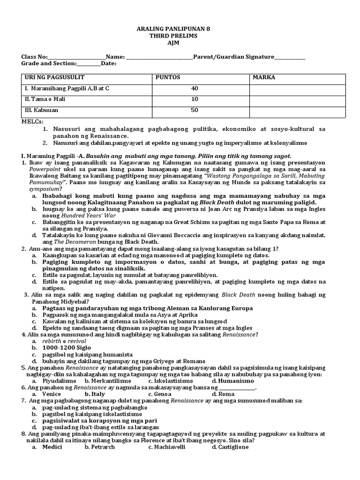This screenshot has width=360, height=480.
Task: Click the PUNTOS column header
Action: tap(168, 77)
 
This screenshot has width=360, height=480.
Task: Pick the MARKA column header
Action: tap(264, 77)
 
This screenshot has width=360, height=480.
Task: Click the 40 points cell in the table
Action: tap(195, 88)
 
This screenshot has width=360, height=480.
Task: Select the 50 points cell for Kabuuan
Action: tap(195, 110)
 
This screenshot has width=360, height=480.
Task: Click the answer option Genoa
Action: tap(163, 394)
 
